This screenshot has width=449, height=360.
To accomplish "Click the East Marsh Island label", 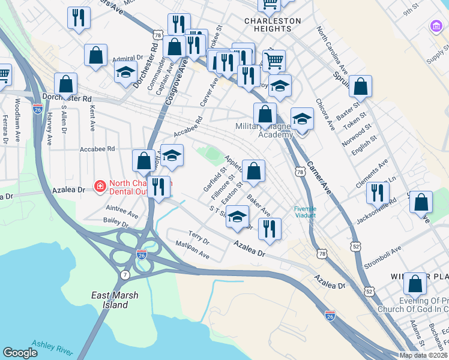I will [110, 299].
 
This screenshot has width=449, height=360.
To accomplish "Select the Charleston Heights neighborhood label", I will [273, 25].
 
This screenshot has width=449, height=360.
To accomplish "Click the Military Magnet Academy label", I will [268, 130].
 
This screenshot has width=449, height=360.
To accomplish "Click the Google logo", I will [20, 353].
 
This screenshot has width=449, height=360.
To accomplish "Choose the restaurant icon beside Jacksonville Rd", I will [378, 193].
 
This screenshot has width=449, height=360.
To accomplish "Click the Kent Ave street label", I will [92, 118].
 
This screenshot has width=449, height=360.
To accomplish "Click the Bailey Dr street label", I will [116, 223].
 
